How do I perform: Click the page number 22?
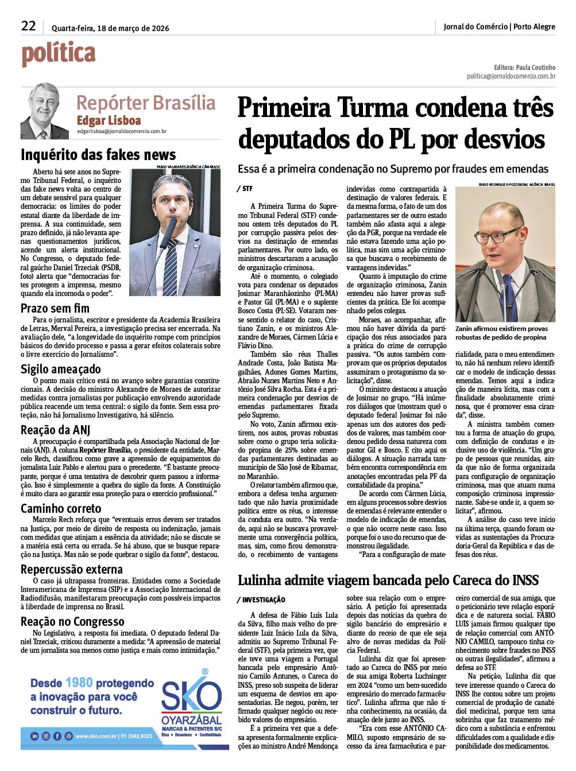28,26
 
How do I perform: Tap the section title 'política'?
58,54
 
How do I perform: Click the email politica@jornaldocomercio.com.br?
511,76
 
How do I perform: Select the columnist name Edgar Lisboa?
109,120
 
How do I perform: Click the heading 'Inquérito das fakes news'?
98,155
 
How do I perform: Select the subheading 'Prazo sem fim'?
55,308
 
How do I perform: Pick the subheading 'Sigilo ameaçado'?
61,369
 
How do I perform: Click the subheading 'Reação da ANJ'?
56,430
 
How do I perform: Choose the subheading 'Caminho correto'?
61,508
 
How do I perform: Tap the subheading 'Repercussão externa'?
72,569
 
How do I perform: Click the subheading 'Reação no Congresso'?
72,621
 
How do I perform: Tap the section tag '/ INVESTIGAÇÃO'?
261,599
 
